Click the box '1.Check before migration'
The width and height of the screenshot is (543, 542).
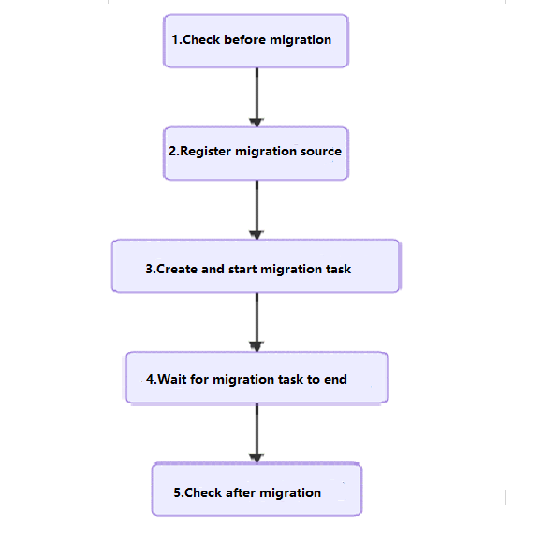[x=256, y=41]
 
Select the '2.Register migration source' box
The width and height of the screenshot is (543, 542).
[x=256, y=154]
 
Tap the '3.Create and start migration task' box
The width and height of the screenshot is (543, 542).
[x=256, y=266]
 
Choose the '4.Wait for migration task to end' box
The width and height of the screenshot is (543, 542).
[x=257, y=378]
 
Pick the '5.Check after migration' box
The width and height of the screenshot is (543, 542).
[x=257, y=490]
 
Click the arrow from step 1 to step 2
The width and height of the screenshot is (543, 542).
[x=257, y=97]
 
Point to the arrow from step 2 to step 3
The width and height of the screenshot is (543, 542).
[x=257, y=210]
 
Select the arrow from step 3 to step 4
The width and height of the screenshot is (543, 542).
[x=257, y=322]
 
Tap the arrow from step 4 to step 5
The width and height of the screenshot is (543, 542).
[x=257, y=433]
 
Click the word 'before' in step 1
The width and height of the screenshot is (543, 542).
[x=245, y=39]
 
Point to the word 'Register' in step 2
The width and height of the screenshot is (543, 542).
[x=206, y=152]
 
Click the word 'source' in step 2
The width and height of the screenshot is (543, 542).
[x=321, y=152]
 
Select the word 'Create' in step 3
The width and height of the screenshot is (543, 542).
[x=177, y=269]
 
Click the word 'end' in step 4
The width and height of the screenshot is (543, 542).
[x=335, y=379]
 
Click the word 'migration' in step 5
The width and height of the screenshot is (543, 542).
[x=290, y=493]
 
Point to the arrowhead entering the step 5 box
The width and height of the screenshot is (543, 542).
[x=257, y=458]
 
